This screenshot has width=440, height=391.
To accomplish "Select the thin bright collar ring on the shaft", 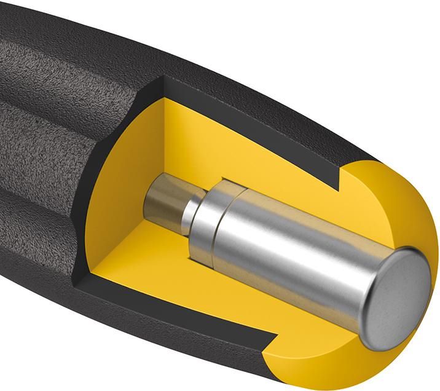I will point(191,211).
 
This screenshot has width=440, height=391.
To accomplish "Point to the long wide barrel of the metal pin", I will point(295,258).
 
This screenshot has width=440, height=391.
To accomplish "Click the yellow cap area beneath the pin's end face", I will point(344,363).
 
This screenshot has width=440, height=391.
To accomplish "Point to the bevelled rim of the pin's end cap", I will point(369,320).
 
